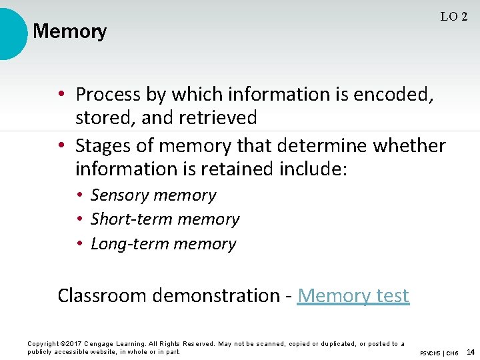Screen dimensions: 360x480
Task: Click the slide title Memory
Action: [x=69, y=31]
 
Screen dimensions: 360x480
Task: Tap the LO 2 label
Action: [x=453, y=17]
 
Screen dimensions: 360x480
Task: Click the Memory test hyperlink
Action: [x=353, y=295]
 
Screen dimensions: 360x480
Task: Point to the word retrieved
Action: [x=217, y=118]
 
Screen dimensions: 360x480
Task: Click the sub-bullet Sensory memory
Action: [x=153, y=195]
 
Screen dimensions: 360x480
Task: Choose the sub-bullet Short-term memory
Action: [x=165, y=219]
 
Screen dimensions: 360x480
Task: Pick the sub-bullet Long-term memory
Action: [x=163, y=244]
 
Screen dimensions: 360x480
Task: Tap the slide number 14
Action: [x=470, y=352]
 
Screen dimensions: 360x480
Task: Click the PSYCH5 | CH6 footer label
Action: [x=439, y=353]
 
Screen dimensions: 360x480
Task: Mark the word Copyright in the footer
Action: [x=42, y=344]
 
